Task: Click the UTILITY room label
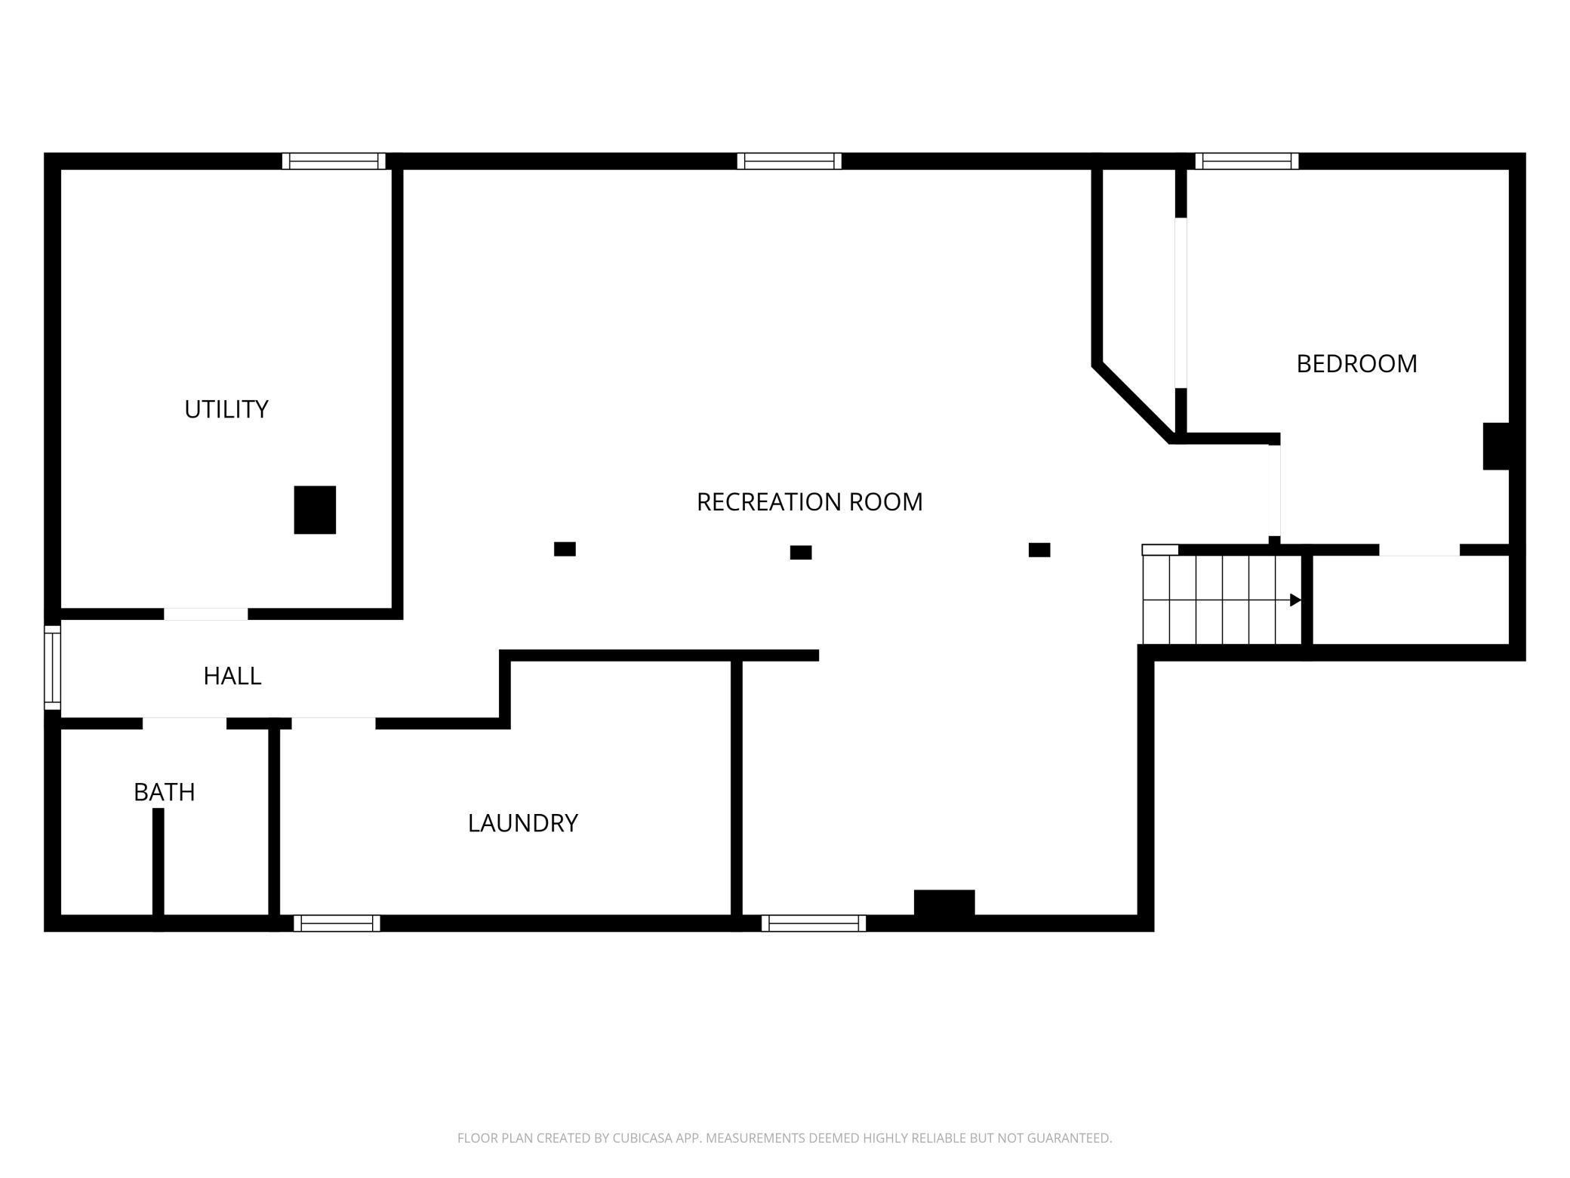click(x=226, y=409)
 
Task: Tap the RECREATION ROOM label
click(x=809, y=502)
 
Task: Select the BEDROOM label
click(x=1356, y=364)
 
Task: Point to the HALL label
click(x=232, y=676)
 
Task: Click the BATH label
click(x=165, y=792)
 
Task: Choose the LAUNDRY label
click(x=523, y=823)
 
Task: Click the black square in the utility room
click(x=315, y=510)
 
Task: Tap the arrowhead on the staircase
click(x=1295, y=600)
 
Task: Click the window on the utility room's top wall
click(x=334, y=161)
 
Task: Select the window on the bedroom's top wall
click(x=1247, y=161)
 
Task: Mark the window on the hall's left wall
click(x=52, y=668)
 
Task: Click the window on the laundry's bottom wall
click(x=337, y=924)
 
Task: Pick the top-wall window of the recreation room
click(x=789, y=161)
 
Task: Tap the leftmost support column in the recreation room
click(x=565, y=549)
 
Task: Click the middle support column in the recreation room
click(x=801, y=553)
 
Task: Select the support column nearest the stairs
click(x=1039, y=550)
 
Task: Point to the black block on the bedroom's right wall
click(x=1496, y=446)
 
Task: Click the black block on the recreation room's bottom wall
click(x=944, y=903)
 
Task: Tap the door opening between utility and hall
click(x=206, y=614)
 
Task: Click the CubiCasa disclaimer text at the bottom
click(x=784, y=1138)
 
